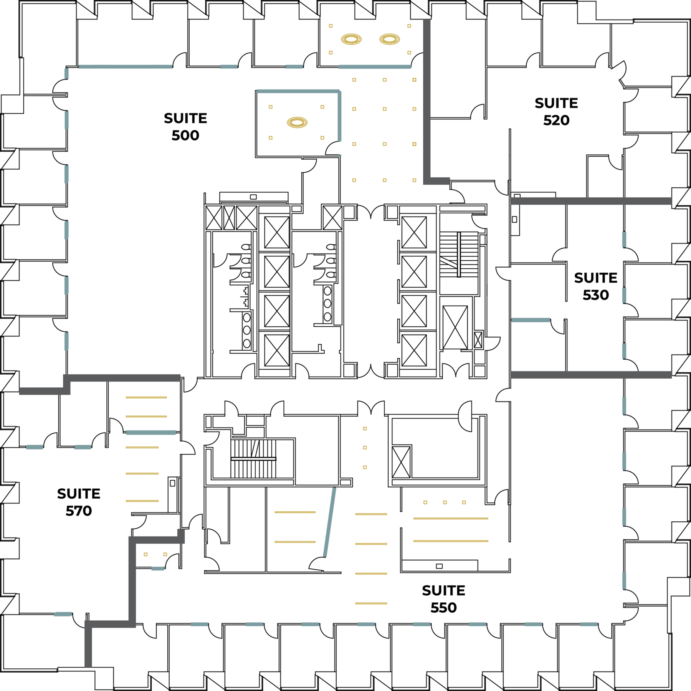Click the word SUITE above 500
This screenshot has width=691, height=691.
[x=185, y=118]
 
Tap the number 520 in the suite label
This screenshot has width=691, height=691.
[x=556, y=121]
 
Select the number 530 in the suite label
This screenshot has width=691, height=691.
[x=596, y=295]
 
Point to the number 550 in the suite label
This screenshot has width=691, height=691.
[x=444, y=608]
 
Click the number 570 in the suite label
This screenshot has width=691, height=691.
[x=79, y=511]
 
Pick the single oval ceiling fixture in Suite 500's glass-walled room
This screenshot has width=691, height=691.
[x=297, y=122]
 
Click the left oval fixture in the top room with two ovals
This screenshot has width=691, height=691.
[x=351, y=39]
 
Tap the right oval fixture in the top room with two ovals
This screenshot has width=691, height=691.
[x=390, y=39]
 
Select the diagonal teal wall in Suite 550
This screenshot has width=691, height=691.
[x=329, y=522]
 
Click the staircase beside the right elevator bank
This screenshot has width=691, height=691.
[x=459, y=254]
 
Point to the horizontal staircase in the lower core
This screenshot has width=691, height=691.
[x=253, y=459]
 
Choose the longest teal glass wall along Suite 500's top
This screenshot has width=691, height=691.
[x=125, y=67]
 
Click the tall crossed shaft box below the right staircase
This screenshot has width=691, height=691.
[x=455, y=327]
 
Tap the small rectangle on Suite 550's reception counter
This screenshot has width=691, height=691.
[x=440, y=566]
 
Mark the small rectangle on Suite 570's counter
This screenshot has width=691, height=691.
[x=172, y=483]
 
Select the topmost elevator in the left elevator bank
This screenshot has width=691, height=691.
[x=277, y=233]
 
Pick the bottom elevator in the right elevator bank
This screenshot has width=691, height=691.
[x=414, y=350]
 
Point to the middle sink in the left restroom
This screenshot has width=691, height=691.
[x=247, y=330]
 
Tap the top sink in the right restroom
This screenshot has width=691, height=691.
[x=327, y=291]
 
